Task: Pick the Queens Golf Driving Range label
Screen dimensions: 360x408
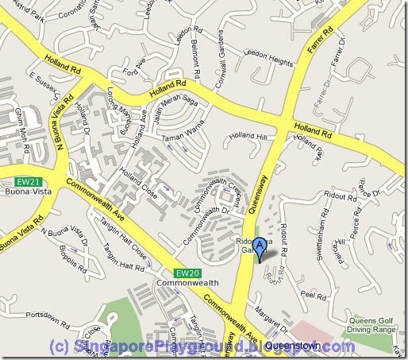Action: point(371,325)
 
